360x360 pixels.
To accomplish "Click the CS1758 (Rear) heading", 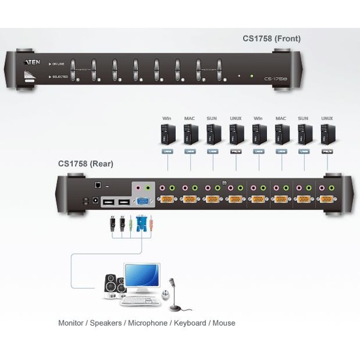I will click(86, 163).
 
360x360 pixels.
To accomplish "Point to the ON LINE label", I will click(58, 64).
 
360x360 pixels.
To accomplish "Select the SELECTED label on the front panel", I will click(58, 77).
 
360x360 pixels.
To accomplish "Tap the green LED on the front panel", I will click(252, 76).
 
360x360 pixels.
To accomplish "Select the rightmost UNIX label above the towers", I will click(327, 119).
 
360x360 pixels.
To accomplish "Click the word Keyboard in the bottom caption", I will click(188, 323).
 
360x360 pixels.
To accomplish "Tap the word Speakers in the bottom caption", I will click(106, 323).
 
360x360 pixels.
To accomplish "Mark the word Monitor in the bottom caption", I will click(71, 323).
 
